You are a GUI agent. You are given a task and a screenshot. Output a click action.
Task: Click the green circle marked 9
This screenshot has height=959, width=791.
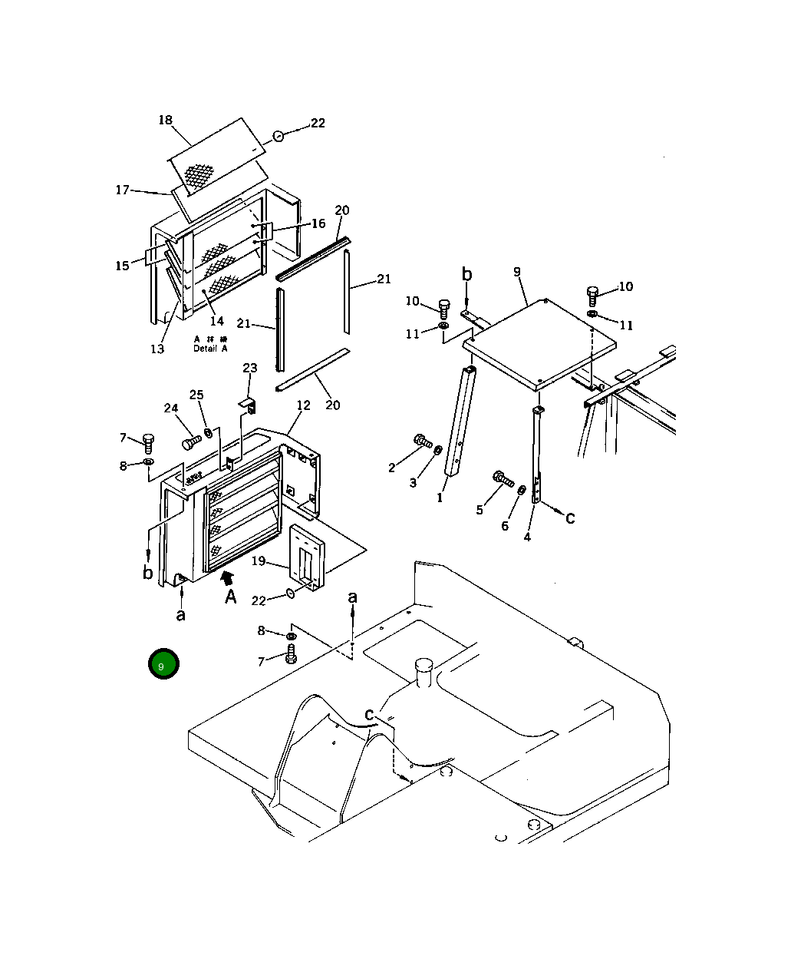pyautogui.click(x=163, y=664)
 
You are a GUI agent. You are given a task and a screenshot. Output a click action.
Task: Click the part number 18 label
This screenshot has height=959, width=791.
pyautogui.click(x=166, y=121)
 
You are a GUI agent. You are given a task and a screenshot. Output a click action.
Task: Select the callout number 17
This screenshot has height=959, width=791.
pyautogui.click(x=122, y=190)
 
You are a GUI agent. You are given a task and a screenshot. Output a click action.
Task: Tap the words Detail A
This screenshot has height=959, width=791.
pyautogui.click(x=210, y=349)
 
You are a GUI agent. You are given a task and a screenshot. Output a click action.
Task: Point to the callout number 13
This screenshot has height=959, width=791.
pyautogui.click(x=157, y=349)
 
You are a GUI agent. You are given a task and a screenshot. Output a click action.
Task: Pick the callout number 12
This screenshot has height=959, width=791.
pyautogui.click(x=304, y=405)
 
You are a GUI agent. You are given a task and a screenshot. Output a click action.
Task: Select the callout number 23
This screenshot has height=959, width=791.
pyautogui.click(x=250, y=369)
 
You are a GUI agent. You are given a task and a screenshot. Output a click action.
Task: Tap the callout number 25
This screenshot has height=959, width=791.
pyautogui.click(x=196, y=395)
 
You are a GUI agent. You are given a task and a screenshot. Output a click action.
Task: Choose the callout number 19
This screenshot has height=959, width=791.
pyautogui.click(x=259, y=561)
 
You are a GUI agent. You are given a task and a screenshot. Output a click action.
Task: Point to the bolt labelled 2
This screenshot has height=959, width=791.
pyautogui.click(x=422, y=441)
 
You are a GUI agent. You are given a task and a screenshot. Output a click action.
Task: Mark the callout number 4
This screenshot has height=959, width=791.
pyautogui.click(x=527, y=537)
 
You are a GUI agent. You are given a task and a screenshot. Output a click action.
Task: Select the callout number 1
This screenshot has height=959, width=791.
pyautogui.click(x=440, y=498)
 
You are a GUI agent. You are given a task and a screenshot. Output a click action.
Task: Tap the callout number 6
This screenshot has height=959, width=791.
pyautogui.click(x=505, y=526)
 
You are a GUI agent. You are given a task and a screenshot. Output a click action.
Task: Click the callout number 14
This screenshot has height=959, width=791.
pyautogui.click(x=217, y=322)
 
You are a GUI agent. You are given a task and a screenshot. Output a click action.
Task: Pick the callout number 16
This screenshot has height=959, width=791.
pyautogui.click(x=318, y=223)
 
